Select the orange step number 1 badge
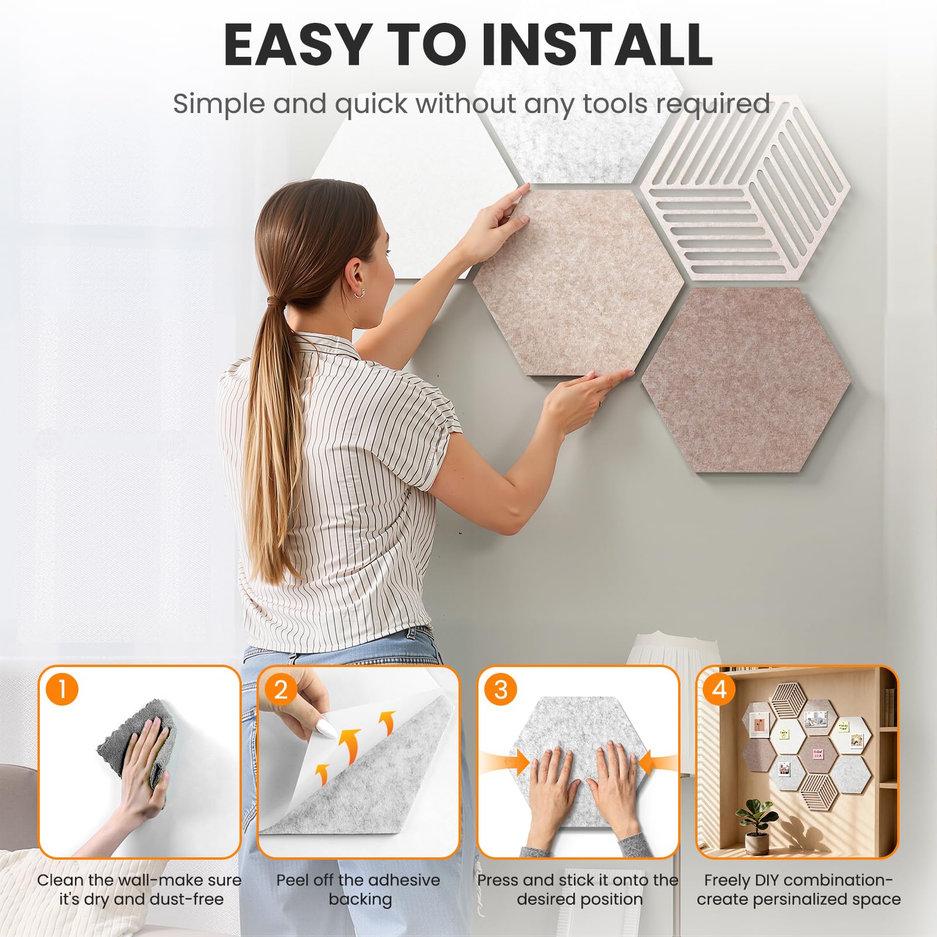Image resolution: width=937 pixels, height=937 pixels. coord(61,689)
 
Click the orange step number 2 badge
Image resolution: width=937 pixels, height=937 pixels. coord(281,689)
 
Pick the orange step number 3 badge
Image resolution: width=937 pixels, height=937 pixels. coord(501,689)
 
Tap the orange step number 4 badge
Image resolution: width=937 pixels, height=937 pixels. coord(720,689)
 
